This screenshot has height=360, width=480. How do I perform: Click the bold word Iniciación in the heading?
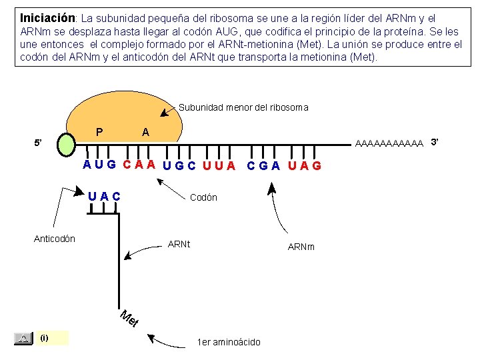(47, 17)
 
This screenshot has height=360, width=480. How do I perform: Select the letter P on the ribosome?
(99, 132)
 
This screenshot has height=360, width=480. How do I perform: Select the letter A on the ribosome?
(145, 133)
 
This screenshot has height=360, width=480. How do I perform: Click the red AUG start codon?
(99, 164)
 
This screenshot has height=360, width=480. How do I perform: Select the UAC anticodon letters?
(105, 196)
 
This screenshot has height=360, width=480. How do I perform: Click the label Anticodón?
(55, 239)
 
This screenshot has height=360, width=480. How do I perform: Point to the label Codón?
(203, 197)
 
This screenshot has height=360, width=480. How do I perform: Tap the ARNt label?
(179, 244)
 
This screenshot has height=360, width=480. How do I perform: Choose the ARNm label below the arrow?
(301, 247)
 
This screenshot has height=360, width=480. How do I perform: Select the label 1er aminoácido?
(229, 342)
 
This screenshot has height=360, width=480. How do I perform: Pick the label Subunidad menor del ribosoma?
(243, 107)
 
